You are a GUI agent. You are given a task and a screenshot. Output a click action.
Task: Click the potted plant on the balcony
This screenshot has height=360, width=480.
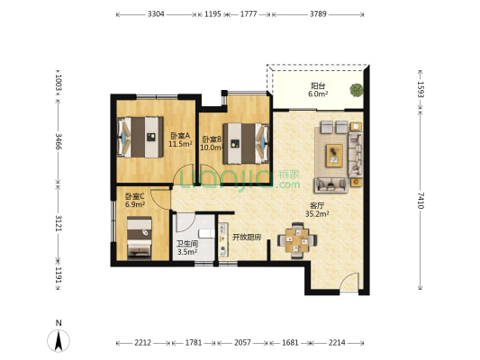click(x=357, y=90)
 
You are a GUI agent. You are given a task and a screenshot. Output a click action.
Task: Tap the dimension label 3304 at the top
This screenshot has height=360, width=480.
click(x=156, y=14)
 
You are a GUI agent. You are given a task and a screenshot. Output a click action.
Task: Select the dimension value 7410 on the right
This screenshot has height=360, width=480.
click(x=421, y=201)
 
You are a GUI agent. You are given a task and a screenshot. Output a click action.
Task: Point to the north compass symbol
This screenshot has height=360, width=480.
click(x=59, y=337)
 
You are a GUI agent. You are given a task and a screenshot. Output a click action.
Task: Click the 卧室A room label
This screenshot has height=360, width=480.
click(x=180, y=135)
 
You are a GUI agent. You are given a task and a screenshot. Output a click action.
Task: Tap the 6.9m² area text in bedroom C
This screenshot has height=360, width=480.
click(x=135, y=204)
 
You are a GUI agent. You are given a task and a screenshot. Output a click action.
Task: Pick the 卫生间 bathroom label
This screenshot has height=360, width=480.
click(x=187, y=244)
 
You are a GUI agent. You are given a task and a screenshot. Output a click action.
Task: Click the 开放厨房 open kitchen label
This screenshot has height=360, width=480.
click(x=247, y=237)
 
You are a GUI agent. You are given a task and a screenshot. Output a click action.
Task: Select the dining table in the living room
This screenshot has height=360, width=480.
click(x=297, y=240)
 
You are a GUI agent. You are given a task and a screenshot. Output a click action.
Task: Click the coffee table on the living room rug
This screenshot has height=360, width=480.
click(x=334, y=156)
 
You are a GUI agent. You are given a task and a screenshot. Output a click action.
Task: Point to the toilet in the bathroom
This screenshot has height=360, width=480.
click(x=206, y=233)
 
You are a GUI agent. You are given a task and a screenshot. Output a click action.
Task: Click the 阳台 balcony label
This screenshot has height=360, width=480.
click(x=318, y=85)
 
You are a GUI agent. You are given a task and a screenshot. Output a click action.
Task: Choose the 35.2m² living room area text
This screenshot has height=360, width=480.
click(x=317, y=214)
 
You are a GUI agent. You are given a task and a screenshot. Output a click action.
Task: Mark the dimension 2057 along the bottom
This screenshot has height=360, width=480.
click(x=242, y=343)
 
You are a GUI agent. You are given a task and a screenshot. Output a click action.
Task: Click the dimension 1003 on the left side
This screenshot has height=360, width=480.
click(x=59, y=83)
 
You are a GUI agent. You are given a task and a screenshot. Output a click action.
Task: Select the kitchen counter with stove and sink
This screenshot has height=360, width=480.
click(x=223, y=239)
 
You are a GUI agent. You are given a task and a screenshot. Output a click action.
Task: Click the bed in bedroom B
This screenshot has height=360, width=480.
click(x=246, y=143)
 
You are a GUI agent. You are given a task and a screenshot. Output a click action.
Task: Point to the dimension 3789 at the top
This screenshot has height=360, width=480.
click(x=318, y=14)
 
